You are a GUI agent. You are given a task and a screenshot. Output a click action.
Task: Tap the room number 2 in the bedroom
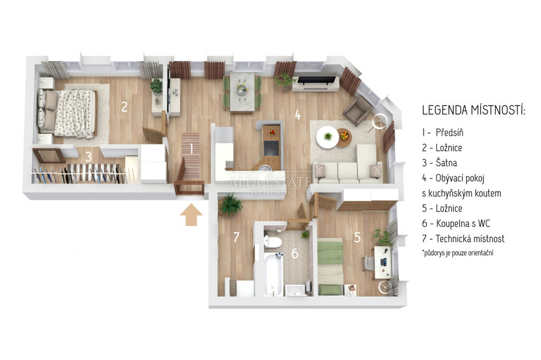124,107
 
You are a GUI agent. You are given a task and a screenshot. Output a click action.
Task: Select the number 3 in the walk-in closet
88,157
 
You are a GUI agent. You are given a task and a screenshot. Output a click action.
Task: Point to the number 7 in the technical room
236,237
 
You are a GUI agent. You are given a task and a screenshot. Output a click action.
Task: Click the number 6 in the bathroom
295,253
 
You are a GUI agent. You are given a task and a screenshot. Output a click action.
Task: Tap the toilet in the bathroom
273,241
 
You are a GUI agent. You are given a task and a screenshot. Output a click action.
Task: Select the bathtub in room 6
274,274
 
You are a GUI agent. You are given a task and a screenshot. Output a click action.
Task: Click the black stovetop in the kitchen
272,148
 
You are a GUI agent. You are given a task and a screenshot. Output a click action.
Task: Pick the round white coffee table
328,137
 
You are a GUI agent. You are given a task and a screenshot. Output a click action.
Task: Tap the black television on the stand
316,80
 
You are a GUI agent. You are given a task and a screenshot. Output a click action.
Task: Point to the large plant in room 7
230,204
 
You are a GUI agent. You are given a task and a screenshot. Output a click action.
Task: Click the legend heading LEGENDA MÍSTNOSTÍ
474,110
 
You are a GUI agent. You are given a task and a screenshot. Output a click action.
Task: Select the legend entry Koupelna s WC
456,223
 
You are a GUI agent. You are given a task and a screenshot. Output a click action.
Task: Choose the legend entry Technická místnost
463,239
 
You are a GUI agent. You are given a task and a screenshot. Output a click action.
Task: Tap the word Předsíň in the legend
449,132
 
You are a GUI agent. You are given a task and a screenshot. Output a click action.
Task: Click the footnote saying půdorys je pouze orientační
458,253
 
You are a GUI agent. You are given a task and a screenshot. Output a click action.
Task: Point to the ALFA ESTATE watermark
270,182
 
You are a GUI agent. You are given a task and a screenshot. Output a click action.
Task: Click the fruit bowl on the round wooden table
344,136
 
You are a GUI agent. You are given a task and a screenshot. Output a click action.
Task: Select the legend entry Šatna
440,163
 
